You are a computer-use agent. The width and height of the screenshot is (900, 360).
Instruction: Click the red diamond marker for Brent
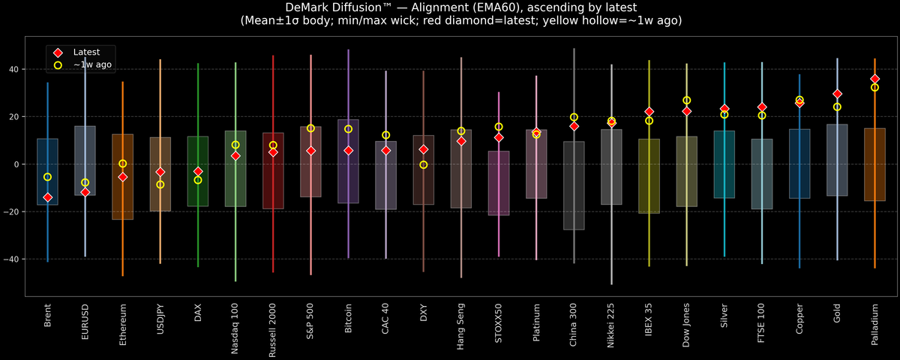[x=47, y=197]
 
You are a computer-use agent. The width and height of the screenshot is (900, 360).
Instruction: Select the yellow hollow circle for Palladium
[x=874, y=88]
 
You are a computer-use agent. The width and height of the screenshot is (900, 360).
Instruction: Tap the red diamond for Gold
[x=837, y=94]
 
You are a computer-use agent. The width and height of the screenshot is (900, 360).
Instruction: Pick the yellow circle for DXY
[x=424, y=165]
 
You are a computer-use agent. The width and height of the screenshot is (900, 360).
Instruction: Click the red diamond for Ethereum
[x=123, y=177]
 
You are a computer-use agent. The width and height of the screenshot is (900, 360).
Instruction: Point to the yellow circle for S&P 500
[x=310, y=128]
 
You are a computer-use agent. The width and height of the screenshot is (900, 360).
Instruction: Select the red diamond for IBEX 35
[x=649, y=112]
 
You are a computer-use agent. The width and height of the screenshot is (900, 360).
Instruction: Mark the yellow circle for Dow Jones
[x=686, y=100]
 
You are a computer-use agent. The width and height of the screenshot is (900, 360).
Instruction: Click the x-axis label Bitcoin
[x=349, y=321]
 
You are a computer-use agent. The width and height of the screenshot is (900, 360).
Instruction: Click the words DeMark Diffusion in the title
[x=337, y=7]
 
